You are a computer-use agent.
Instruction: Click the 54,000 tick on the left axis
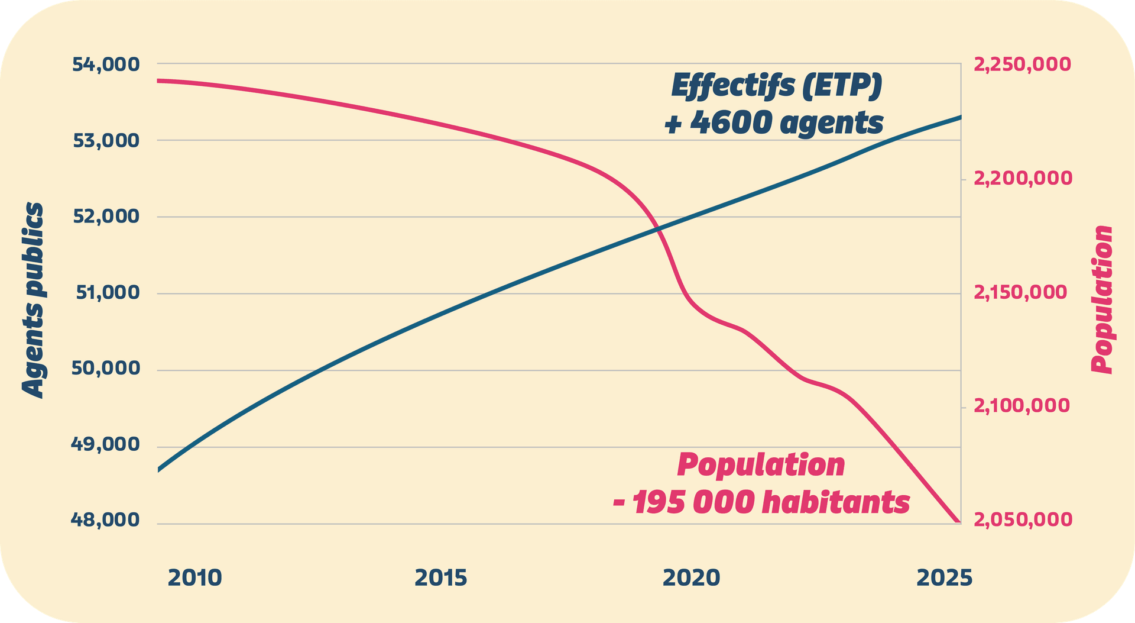click(106, 64)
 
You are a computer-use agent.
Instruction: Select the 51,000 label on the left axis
click(108, 292)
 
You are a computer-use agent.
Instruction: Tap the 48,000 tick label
click(105, 520)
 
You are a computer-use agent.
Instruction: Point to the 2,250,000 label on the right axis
click(1022, 64)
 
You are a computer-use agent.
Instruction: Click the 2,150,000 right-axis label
click(1020, 292)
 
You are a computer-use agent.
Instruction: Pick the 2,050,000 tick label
click(1022, 519)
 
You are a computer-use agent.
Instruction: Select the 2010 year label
click(194, 578)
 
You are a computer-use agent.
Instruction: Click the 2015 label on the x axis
click(441, 578)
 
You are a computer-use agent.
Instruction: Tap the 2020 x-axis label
click(691, 578)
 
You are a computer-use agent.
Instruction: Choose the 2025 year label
click(944, 578)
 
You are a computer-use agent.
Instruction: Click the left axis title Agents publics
click(34, 300)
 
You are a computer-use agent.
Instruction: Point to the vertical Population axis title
click(1102, 299)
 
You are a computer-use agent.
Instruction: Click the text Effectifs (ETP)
click(776, 86)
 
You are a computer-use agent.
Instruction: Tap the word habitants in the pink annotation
click(836, 502)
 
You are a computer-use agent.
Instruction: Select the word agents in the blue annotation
click(831, 124)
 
